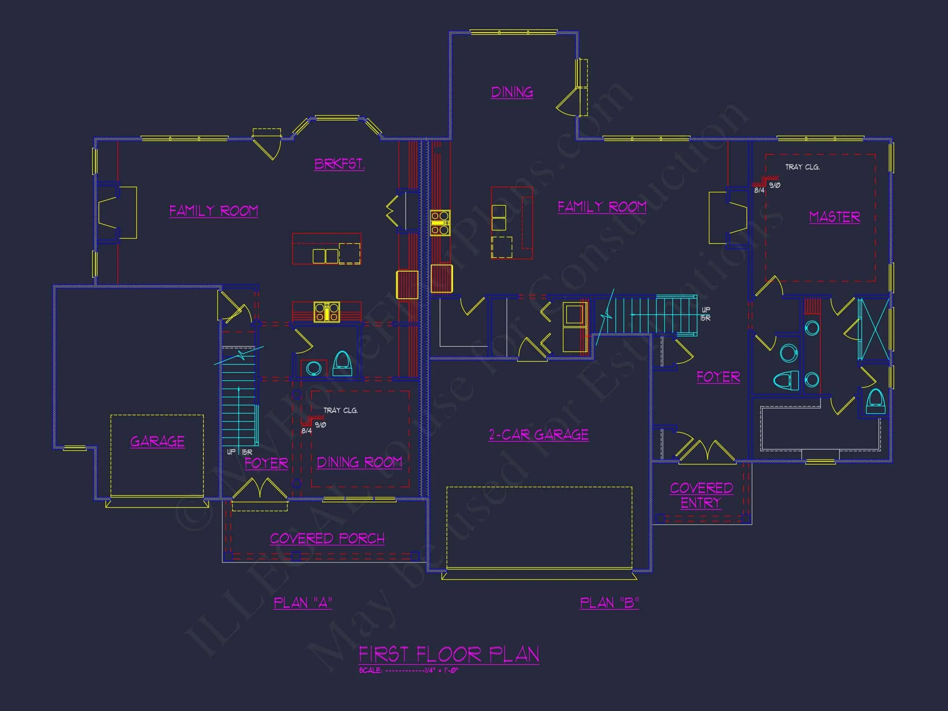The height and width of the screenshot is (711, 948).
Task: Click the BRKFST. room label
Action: tap(339, 164)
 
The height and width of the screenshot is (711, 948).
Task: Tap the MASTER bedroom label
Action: tap(834, 217)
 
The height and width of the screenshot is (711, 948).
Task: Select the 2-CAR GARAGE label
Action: tap(539, 435)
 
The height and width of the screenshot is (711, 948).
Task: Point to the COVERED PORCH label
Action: tap(327, 538)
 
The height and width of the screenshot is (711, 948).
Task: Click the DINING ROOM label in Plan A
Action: tap(359, 462)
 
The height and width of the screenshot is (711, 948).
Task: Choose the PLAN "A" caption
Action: tap(303, 603)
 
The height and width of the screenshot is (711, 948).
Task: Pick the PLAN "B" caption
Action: tap(609, 603)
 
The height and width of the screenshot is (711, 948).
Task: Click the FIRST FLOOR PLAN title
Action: tap(449, 655)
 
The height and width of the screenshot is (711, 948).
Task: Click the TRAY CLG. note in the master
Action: tap(802, 167)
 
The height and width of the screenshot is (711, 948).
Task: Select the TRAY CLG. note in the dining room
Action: tap(340, 411)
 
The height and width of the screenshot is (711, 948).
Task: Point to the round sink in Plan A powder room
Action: tap(314, 368)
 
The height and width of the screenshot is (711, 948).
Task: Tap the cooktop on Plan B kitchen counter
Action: tap(440, 223)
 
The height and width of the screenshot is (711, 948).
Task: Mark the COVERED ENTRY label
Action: tap(701, 495)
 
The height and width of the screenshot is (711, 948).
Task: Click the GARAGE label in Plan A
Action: tap(157, 442)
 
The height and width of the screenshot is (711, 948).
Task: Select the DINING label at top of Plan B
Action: tap(512, 92)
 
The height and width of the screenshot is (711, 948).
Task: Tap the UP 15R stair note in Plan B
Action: tap(705, 314)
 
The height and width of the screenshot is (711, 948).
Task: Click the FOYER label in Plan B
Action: tap(718, 377)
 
